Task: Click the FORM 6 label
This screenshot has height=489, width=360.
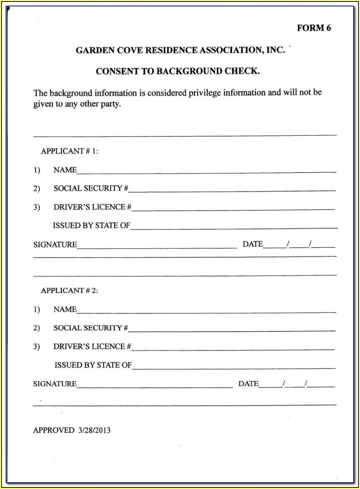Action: (x=314, y=28)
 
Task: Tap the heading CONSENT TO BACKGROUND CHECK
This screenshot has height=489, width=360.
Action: (x=177, y=71)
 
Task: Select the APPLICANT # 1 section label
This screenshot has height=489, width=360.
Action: (x=69, y=151)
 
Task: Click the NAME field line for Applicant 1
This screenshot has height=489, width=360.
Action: (x=206, y=171)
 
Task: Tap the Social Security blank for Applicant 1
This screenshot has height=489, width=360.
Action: (x=231, y=189)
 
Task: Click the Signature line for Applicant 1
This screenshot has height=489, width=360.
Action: (x=157, y=245)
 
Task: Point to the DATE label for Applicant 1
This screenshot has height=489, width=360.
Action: (x=253, y=244)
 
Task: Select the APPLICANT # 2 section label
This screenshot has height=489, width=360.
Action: (x=69, y=291)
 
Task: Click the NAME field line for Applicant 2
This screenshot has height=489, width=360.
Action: (x=206, y=311)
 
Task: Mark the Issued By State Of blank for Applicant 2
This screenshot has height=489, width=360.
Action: (x=233, y=366)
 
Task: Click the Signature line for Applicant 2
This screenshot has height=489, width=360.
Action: (x=155, y=385)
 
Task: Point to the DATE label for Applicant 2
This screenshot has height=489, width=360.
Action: (x=249, y=384)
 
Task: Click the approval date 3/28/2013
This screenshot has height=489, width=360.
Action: (x=94, y=430)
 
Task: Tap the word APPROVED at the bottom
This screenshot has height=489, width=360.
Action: (x=54, y=430)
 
